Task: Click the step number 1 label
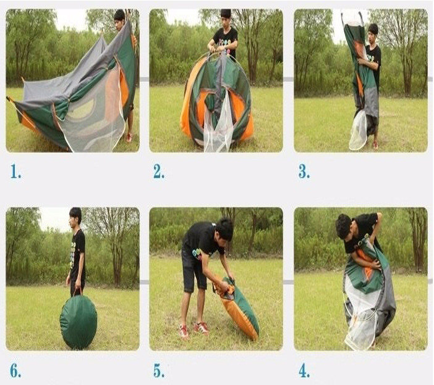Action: click(x=16, y=172)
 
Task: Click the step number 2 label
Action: click(x=159, y=172)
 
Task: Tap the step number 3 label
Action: click(x=304, y=172)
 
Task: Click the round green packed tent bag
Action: click(x=79, y=321)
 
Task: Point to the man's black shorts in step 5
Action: click(x=194, y=270)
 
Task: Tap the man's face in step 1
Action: click(x=119, y=24)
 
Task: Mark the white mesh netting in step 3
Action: click(x=359, y=130)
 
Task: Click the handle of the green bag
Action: click(x=78, y=291)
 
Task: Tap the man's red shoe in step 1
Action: click(x=129, y=138)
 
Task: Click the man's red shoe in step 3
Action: click(x=375, y=145)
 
